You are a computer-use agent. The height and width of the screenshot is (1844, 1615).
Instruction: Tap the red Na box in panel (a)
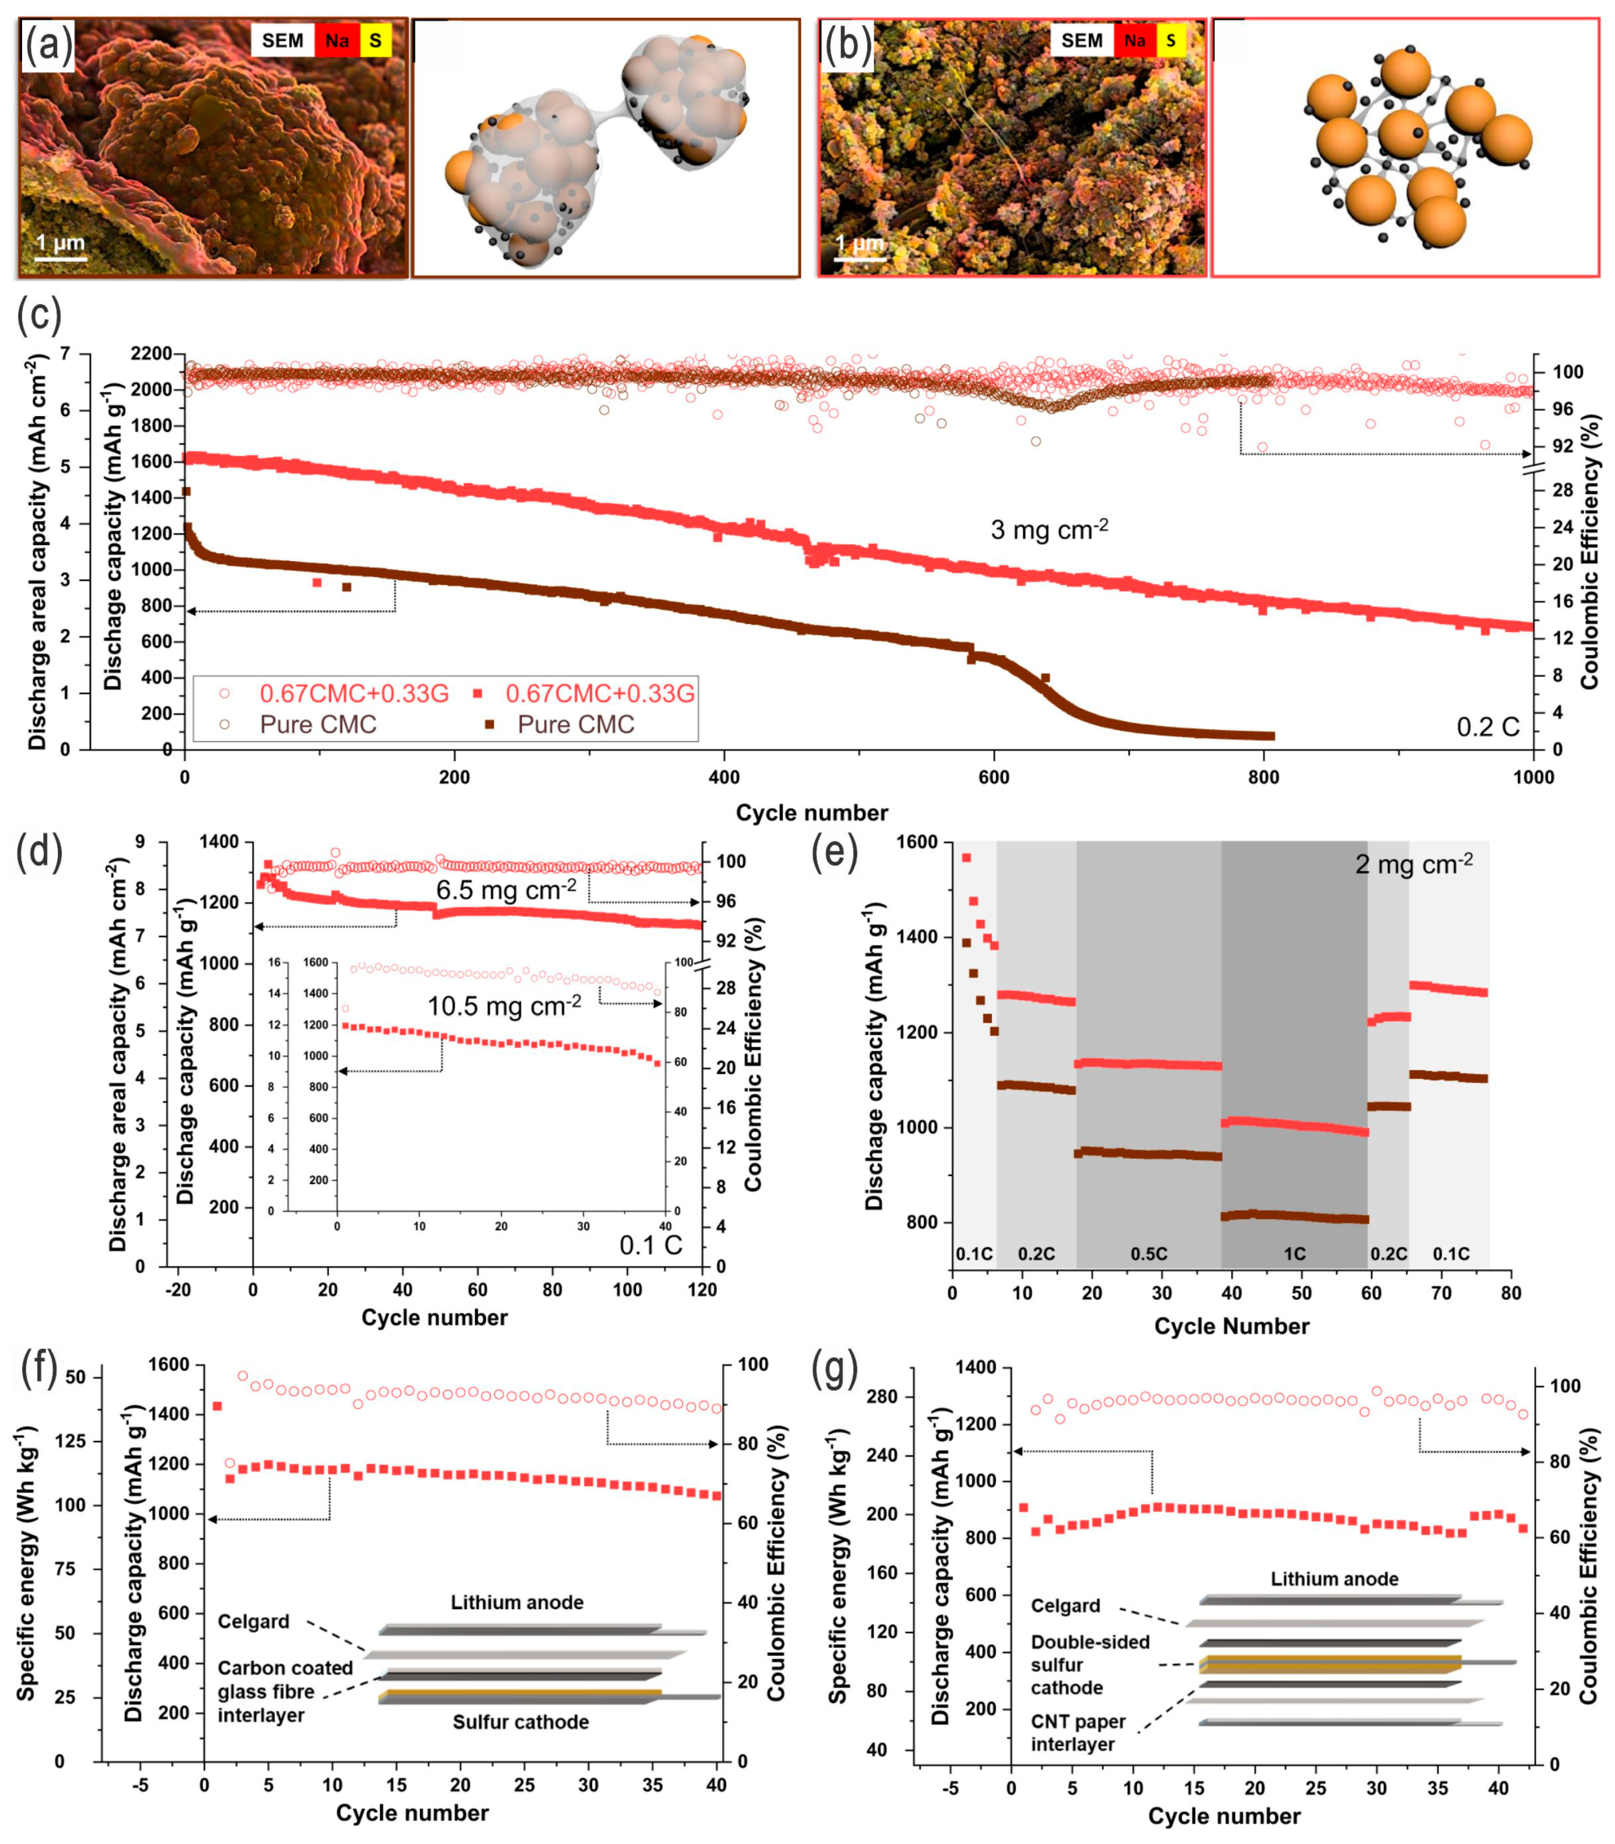pyautogui.click(x=337, y=41)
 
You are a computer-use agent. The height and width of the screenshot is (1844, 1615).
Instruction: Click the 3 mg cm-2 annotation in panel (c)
pyautogui.click(x=1049, y=529)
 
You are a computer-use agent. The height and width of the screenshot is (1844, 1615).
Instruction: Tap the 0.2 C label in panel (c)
pyautogui.click(x=1488, y=726)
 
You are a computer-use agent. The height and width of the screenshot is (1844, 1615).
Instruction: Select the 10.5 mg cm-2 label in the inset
pyautogui.click(x=504, y=1006)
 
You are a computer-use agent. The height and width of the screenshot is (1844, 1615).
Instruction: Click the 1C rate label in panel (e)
pyautogui.click(x=1294, y=1254)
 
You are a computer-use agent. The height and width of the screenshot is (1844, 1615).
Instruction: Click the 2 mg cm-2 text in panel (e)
pyautogui.click(x=1413, y=865)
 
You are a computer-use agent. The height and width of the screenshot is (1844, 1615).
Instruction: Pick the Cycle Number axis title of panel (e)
pyautogui.click(x=1231, y=1326)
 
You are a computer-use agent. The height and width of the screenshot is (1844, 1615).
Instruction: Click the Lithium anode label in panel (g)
pyautogui.click(x=1334, y=1579)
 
